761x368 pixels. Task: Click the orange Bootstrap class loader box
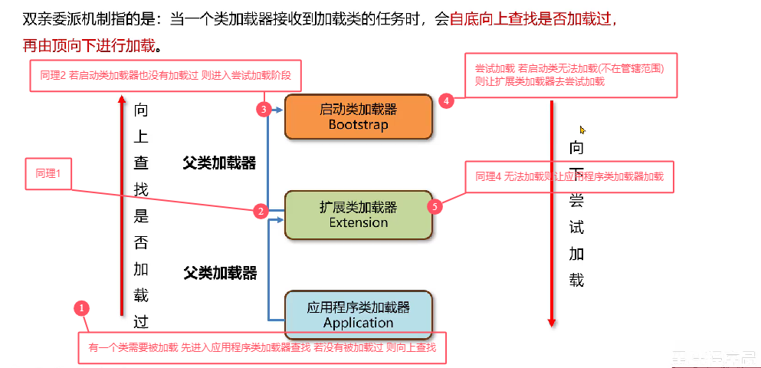coord(358,117)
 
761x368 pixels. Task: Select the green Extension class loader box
coord(358,215)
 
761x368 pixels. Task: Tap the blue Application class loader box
coord(358,314)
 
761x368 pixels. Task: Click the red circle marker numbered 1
coord(83,308)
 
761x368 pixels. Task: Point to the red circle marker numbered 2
coord(261,211)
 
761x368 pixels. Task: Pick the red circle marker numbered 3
coord(264,110)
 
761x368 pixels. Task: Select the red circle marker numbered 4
coord(447,100)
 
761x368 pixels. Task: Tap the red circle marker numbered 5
coord(435,207)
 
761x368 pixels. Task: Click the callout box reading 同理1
coord(48,173)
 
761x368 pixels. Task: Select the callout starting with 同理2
coord(166,77)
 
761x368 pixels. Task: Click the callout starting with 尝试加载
coord(571,75)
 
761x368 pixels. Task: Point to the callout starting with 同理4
coord(569,176)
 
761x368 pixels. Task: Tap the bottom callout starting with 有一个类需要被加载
coord(261,347)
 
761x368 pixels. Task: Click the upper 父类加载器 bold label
coord(219,163)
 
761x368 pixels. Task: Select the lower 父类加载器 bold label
coord(219,272)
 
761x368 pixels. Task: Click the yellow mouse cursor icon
coord(582,130)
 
